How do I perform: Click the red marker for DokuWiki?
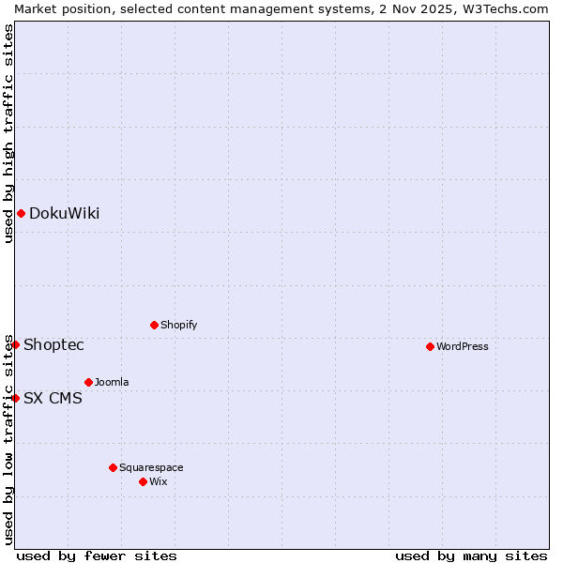point(21,213)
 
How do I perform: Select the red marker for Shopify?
point(154,325)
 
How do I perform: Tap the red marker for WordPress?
point(430,346)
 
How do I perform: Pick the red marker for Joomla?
point(88,382)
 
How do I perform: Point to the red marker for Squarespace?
point(113,467)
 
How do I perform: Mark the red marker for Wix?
point(143,481)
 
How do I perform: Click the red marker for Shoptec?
point(15,344)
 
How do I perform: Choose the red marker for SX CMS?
point(15,398)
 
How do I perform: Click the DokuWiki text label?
point(64,213)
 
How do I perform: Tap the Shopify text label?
point(178,325)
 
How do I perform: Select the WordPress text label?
point(463,346)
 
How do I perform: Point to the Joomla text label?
point(112,382)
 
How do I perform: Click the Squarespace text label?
point(151,467)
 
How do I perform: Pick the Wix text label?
point(158,481)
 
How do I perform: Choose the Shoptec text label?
point(53,344)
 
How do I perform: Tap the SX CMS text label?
point(53,398)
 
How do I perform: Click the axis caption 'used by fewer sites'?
point(97,555)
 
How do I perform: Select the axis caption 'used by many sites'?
point(471,555)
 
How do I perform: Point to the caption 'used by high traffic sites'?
point(8,133)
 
